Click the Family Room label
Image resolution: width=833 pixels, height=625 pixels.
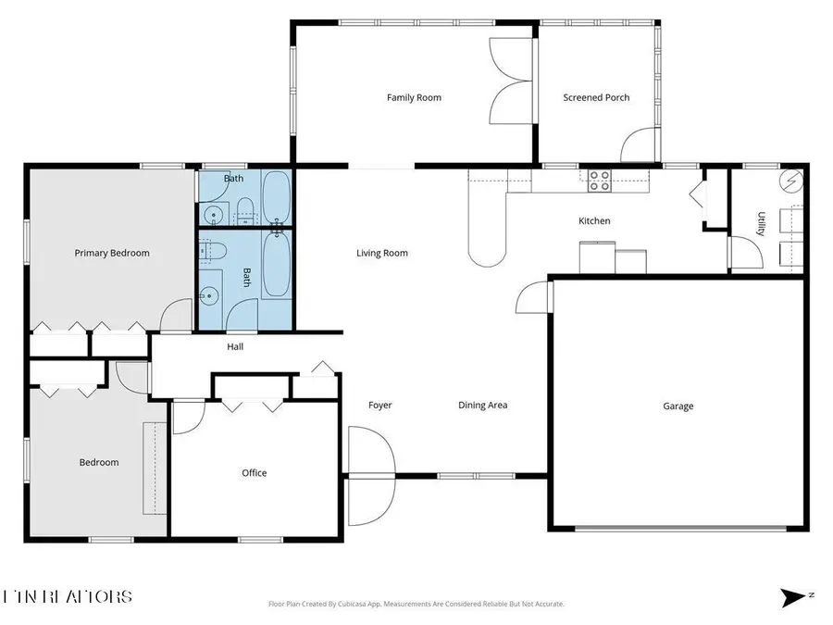(x=414, y=97)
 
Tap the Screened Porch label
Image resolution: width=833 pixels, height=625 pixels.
(x=596, y=97)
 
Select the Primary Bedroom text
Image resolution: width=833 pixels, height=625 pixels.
(x=112, y=253)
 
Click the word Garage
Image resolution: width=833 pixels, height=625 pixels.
(x=678, y=406)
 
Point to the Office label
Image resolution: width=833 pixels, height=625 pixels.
(x=255, y=473)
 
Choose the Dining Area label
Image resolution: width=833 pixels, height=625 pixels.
(x=483, y=406)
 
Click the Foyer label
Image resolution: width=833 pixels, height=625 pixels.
(x=380, y=406)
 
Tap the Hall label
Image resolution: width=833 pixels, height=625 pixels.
(x=235, y=347)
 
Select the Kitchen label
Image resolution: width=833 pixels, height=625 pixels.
(x=594, y=221)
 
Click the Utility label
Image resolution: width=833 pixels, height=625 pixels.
(x=761, y=224)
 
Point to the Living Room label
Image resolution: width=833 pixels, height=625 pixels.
(x=382, y=253)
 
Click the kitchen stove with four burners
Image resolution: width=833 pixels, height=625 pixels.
(x=600, y=181)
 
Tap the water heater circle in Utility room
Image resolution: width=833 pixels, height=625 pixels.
(x=791, y=180)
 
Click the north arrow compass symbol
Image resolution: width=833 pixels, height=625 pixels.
(x=794, y=597)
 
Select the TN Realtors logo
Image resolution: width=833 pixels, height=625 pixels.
(x=68, y=597)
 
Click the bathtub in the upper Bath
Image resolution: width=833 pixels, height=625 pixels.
(x=275, y=196)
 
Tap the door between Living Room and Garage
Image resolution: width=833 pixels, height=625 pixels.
(x=534, y=299)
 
